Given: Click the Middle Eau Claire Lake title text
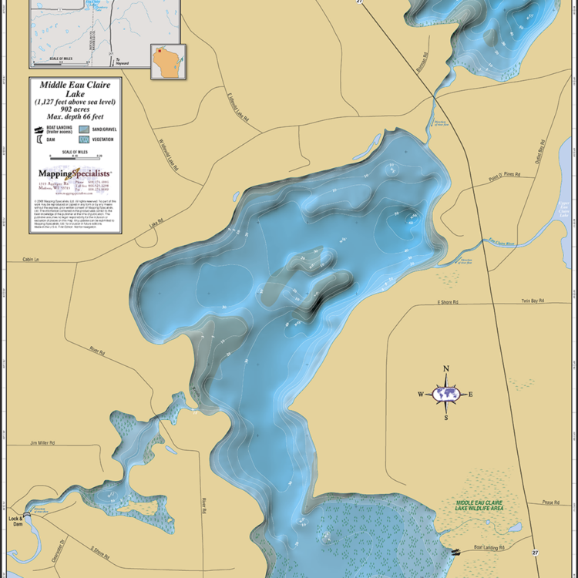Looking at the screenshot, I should pos(76,89).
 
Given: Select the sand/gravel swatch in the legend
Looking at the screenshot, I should pos(83,129).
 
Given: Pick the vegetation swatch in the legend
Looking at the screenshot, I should pos(83,139).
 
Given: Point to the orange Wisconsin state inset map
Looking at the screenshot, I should pos(163,64).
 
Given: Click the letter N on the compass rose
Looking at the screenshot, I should pos(445,368).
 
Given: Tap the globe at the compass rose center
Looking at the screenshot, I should pos(445,394).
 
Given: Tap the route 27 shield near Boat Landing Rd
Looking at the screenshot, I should pos(535,553).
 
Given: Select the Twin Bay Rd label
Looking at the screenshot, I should pos(532,301).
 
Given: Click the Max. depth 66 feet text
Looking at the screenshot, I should pos(76,116).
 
